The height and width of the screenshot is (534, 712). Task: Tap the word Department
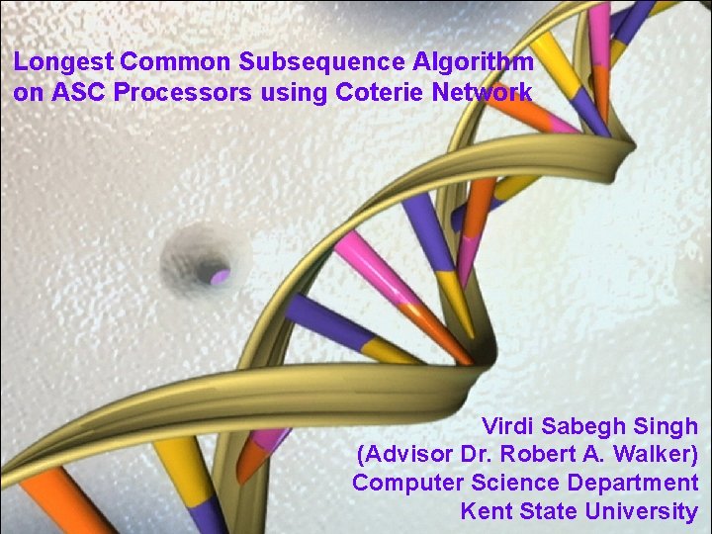[633, 484]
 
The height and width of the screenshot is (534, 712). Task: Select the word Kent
[484, 511]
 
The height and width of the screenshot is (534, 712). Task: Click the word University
[641, 511]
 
